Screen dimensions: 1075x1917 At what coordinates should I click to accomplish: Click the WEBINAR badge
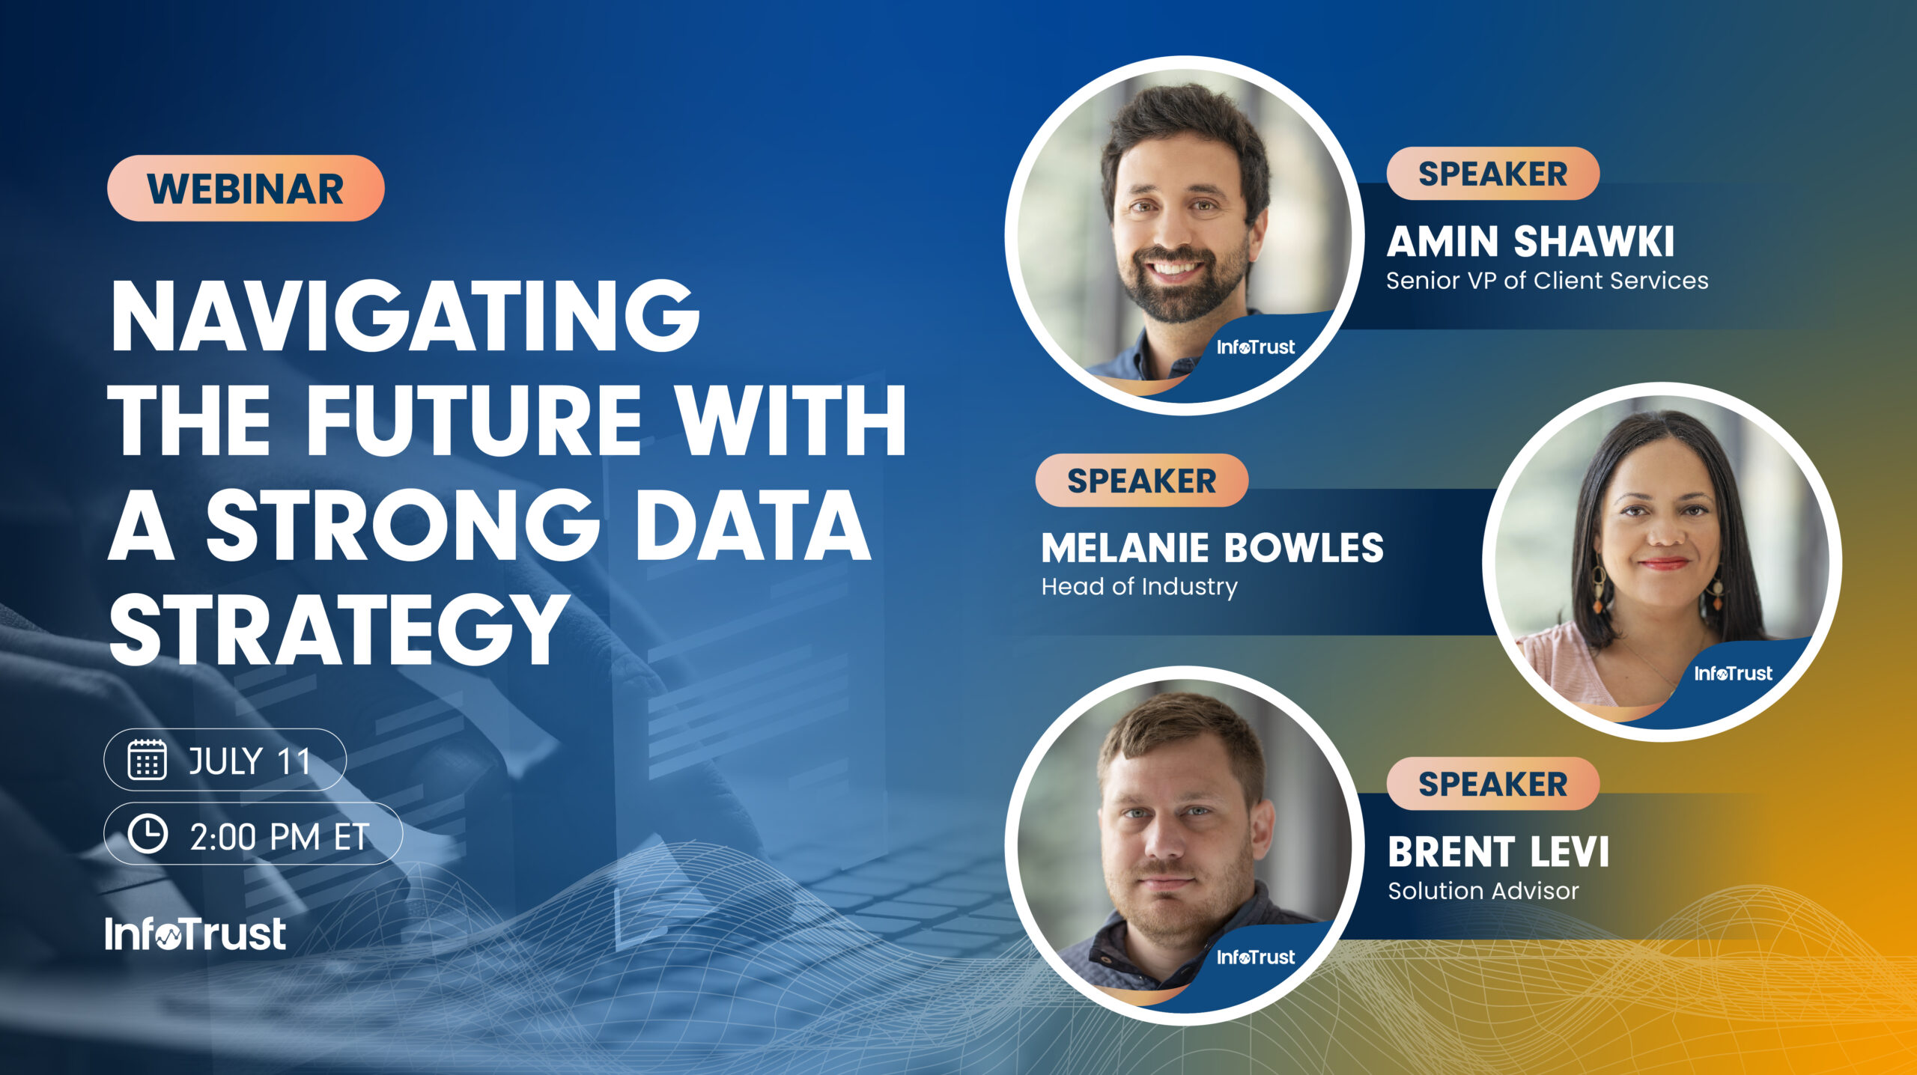pyautogui.click(x=246, y=188)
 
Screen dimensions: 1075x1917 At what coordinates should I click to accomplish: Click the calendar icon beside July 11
pyautogui.click(x=147, y=760)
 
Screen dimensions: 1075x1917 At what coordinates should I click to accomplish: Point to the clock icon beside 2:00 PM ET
pyautogui.click(x=148, y=834)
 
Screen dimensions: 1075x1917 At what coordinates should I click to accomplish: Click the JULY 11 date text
pyautogui.click(x=249, y=761)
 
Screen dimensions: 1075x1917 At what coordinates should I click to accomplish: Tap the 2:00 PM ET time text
pyautogui.click(x=279, y=836)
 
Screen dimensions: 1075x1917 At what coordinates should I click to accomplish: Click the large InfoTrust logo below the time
pyautogui.click(x=195, y=934)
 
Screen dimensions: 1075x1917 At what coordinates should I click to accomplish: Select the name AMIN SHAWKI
pyautogui.click(x=1530, y=242)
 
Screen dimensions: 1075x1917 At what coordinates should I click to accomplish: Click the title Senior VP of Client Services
pyautogui.click(x=1547, y=281)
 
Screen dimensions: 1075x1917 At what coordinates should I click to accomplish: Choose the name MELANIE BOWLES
pyautogui.click(x=1212, y=548)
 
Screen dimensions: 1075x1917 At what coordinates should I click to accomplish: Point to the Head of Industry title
pyautogui.click(x=1139, y=586)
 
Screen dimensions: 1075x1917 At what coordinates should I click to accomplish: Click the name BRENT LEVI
pyautogui.click(x=1498, y=852)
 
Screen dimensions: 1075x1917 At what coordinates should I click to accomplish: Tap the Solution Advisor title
pyautogui.click(x=1483, y=891)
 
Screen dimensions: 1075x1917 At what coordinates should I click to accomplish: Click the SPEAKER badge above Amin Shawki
pyautogui.click(x=1492, y=174)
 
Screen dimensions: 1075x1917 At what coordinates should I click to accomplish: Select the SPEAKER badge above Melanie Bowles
pyautogui.click(x=1141, y=481)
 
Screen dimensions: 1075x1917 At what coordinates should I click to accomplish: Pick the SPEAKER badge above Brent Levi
pyautogui.click(x=1492, y=784)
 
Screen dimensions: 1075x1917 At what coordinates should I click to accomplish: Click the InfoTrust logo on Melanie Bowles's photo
pyautogui.click(x=1733, y=674)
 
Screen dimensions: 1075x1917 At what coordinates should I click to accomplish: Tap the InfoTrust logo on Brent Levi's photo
pyautogui.click(x=1255, y=957)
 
